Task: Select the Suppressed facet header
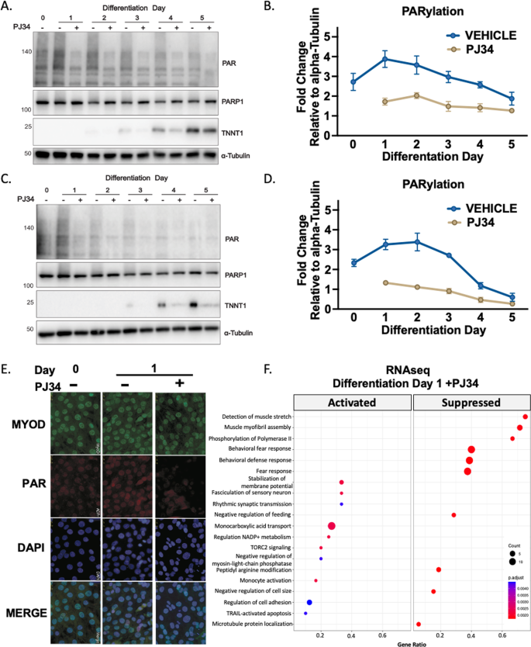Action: (x=471, y=403)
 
